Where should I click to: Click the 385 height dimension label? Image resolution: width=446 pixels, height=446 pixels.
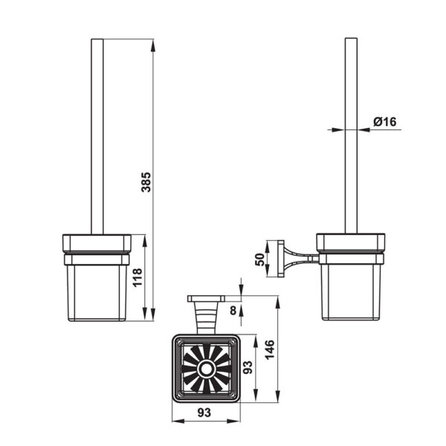tap(146, 182)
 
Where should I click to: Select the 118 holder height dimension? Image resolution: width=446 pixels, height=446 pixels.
tap(138, 277)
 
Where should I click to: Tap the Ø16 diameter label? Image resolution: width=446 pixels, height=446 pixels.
tap(384, 122)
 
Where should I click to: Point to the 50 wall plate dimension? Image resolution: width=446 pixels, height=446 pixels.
tap(259, 259)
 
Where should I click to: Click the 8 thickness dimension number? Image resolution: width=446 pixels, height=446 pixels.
tap(233, 310)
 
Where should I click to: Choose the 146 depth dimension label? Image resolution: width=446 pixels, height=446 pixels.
tap(270, 349)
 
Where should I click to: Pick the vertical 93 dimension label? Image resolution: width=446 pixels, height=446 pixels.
tap(248, 367)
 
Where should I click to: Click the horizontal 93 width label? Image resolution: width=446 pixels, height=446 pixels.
tap(204, 413)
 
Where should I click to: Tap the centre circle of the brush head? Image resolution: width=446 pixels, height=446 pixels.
tap(206, 369)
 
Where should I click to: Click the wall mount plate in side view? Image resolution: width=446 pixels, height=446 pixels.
tap(281, 259)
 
